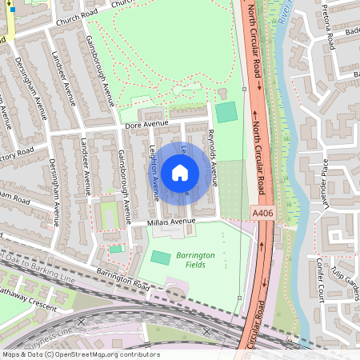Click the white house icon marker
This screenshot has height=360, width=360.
coord(180,172)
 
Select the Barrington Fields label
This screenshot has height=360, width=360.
coord(196,258)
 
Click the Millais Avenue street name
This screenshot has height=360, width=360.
coord(171,222)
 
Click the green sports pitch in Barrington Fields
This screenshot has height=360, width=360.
coord(161,258)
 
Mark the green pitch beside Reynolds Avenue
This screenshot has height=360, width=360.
coord(227,112)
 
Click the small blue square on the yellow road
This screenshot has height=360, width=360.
coord(12,10)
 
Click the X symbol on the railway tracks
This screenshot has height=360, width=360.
coord(206,330)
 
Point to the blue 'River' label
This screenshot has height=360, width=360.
coord(281,12)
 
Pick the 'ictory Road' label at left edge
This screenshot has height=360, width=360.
coord(16,150)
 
